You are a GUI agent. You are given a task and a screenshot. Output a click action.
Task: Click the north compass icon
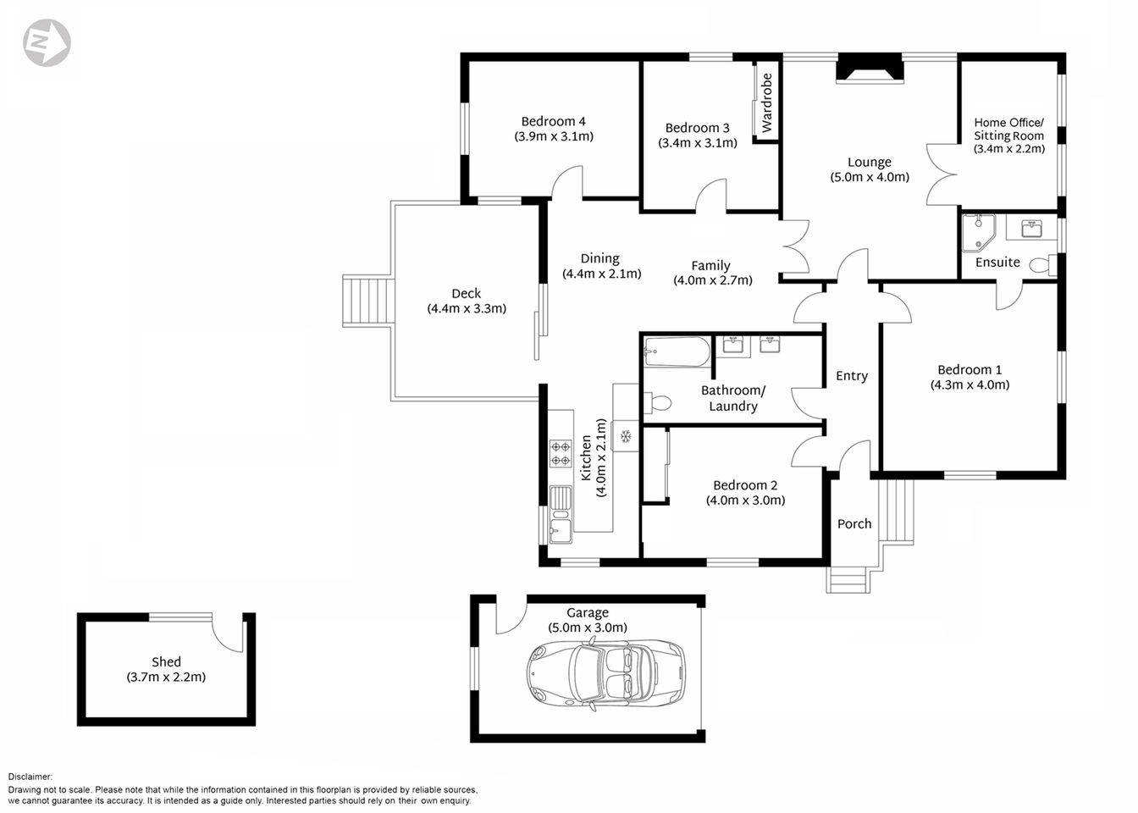(47, 42)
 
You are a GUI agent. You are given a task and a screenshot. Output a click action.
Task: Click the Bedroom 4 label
(553, 122)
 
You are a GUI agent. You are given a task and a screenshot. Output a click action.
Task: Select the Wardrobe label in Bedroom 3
(767, 102)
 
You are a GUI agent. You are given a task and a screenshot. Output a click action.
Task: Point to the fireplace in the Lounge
(870, 70)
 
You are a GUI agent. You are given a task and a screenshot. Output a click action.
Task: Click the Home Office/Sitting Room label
(1008, 129)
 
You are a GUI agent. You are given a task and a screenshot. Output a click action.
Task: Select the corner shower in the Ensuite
(977, 231)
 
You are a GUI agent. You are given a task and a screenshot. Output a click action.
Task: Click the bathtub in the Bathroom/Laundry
(677, 351)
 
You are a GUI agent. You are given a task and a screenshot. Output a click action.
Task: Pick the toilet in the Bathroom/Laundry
(658, 403)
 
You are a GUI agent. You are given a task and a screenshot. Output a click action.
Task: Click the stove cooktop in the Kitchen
(561, 453)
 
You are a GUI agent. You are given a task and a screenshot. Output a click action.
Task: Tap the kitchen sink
(560, 514)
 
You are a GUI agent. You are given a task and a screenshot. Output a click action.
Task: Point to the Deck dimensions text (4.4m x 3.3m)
(467, 308)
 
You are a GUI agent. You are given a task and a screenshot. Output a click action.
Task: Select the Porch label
(853, 524)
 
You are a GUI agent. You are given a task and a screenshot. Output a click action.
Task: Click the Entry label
(851, 376)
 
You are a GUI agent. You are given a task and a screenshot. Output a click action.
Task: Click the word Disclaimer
(30, 777)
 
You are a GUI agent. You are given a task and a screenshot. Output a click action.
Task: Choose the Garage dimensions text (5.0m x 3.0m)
(588, 628)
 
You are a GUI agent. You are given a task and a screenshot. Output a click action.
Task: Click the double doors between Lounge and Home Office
(943, 174)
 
